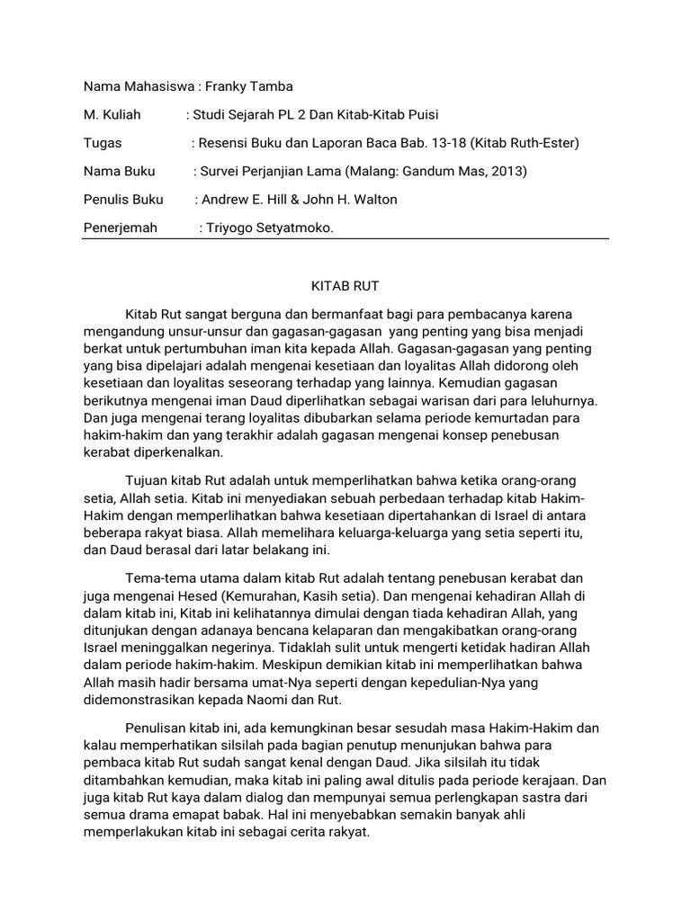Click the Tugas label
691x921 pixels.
click(102, 142)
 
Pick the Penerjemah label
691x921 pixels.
click(120, 228)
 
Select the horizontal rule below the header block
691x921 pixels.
click(345, 239)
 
